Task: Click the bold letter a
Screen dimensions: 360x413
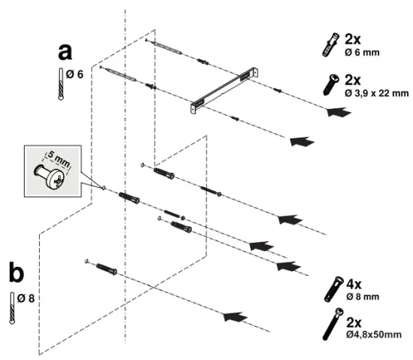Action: click(66, 53)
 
